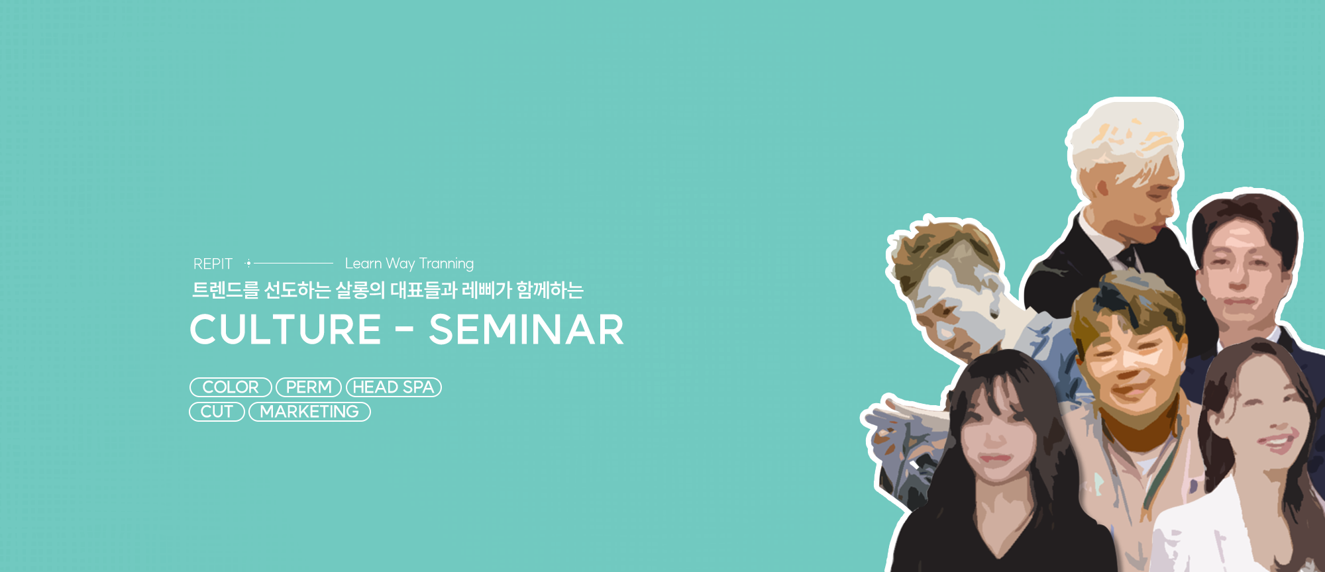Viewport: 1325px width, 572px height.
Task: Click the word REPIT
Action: pos(213,264)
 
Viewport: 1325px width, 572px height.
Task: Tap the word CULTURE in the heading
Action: pos(286,330)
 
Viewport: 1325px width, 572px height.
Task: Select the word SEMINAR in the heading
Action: pos(526,330)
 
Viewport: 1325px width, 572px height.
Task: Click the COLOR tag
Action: pos(231,387)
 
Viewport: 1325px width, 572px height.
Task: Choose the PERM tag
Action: pos(309,387)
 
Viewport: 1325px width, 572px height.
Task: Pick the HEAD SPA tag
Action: pos(394,387)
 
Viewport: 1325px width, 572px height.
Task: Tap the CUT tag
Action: pos(217,412)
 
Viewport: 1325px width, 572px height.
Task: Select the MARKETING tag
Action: pos(309,412)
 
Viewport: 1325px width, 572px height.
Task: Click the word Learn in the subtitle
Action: pos(363,263)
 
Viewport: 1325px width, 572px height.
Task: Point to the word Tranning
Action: pos(447,264)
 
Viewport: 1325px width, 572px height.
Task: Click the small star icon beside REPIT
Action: pos(248,263)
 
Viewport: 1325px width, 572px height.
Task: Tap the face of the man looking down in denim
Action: pos(944,305)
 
